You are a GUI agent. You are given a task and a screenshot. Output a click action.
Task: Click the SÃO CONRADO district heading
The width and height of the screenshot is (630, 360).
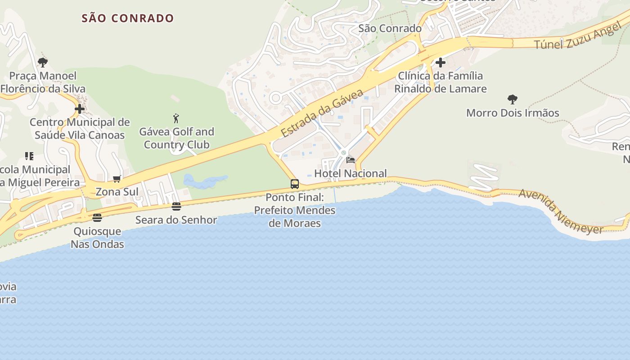point(128,18)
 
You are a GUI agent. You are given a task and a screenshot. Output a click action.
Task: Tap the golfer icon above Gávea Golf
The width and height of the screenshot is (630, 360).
point(176,119)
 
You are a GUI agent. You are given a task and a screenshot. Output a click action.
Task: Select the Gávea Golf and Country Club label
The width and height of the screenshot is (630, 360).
point(176,138)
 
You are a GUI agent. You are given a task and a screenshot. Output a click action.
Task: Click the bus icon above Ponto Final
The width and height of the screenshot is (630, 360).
point(295,184)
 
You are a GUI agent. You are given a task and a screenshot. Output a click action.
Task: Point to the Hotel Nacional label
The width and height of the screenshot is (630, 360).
point(351,173)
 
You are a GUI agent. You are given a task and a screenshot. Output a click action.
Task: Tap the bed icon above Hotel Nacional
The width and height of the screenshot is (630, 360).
point(351,160)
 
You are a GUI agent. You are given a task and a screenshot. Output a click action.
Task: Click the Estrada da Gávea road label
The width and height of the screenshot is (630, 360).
point(322,113)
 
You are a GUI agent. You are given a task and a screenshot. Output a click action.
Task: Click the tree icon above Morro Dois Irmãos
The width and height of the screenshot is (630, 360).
point(512,99)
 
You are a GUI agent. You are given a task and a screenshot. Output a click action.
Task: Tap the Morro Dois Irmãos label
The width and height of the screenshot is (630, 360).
point(513,112)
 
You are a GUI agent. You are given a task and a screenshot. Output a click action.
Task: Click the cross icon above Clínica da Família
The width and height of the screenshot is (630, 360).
point(441,63)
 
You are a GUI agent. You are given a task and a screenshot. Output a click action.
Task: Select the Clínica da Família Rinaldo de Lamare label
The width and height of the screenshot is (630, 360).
point(441,82)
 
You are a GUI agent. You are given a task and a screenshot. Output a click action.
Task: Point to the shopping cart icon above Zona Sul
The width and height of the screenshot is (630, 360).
point(117,179)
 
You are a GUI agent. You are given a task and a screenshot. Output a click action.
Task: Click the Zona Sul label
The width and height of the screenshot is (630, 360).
point(117,192)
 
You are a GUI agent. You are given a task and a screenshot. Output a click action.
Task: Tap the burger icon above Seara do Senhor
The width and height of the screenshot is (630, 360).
point(176,206)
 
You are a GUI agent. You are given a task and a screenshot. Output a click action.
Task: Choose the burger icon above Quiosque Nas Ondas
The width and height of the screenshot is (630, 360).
point(97,218)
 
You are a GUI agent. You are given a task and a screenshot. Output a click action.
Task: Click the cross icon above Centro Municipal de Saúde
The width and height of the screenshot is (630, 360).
point(80,109)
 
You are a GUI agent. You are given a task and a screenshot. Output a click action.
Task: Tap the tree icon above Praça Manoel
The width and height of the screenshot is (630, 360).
point(43,62)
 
